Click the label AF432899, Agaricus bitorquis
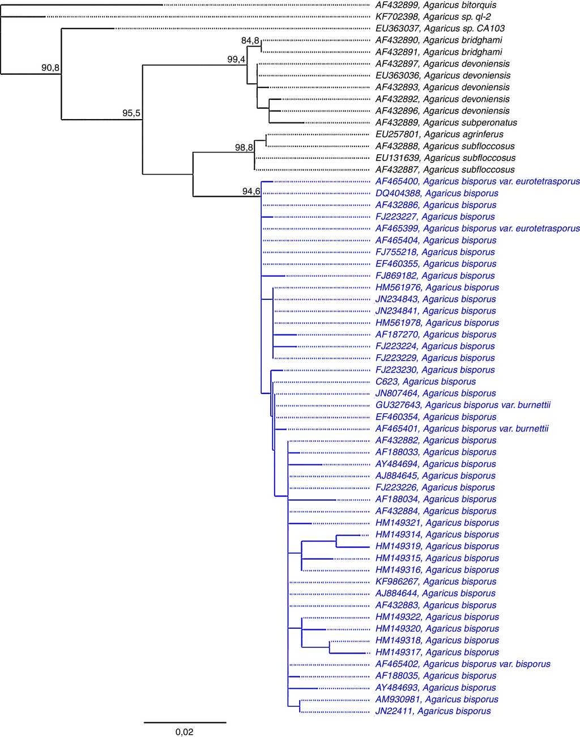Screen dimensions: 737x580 (x=444, y=5)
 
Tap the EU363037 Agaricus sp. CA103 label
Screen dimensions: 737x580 (x=440, y=28)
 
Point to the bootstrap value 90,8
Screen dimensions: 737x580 (x=50, y=68)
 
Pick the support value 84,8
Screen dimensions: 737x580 (x=250, y=41)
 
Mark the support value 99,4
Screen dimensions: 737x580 (x=236, y=60)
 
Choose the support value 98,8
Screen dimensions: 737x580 (x=244, y=148)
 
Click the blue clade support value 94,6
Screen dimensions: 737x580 (x=251, y=191)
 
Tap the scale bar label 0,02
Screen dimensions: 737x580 (x=185, y=732)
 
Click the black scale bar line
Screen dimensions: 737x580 (x=185, y=722)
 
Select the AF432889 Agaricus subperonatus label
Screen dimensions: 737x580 (x=446, y=122)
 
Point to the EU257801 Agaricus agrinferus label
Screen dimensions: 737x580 (x=439, y=134)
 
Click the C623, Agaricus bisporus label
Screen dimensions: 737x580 (x=425, y=382)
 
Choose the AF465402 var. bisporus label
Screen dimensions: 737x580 (x=462, y=664)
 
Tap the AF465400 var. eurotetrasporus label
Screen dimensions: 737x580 (x=477, y=181)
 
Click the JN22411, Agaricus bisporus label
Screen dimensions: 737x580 (x=433, y=711)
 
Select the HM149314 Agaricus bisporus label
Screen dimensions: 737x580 (x=437, y=535)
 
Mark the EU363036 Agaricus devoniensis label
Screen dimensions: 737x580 (x=443, y=75)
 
